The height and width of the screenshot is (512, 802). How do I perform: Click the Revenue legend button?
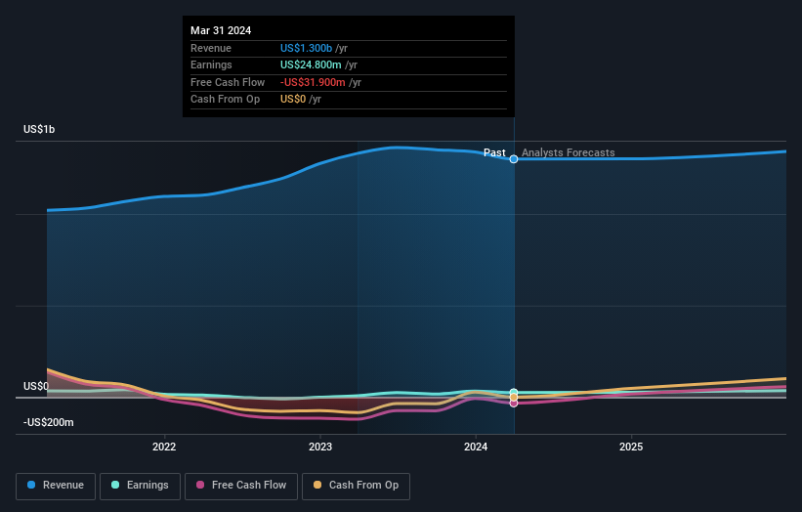pos(56,486)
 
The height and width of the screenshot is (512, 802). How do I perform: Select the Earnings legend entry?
pos(140,486)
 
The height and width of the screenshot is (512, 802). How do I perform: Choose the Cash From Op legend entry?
pos(356,486)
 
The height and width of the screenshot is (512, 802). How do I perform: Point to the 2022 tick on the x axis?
pos(164,448)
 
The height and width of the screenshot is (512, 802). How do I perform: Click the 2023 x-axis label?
pos(320,448)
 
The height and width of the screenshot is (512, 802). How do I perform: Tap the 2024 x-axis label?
pos(476,448)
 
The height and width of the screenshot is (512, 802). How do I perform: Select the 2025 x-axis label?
pos(631,448)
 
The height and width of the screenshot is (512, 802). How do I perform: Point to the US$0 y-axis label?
pos(36,386)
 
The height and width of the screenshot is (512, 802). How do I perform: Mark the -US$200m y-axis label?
pos(50,422)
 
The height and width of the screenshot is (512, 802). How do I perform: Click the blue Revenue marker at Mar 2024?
pos(514,158)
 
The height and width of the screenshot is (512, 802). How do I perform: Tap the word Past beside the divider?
pos(494,152)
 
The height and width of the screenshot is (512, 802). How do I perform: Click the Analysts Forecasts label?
pos(568,152)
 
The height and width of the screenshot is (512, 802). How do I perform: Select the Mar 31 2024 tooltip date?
pos(221,30)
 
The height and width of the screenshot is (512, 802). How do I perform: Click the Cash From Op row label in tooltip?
pos(225,100)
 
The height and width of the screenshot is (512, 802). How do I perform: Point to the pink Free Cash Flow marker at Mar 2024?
pos(514,403)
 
